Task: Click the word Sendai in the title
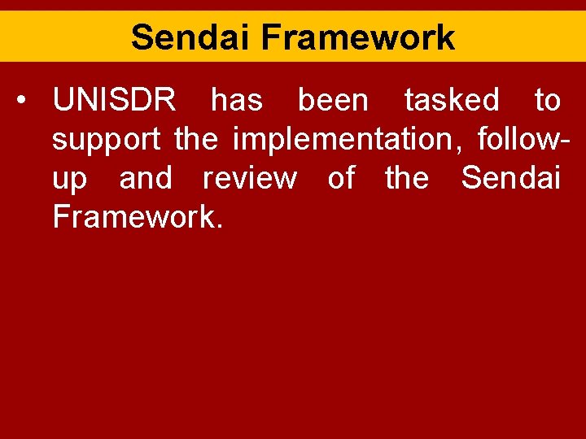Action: tap(189, 37)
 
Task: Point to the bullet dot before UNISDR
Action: tap(28, 102)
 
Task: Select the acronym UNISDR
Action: tap(114, 101)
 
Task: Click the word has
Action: tap(237, 101)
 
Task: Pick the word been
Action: tap(333, 101)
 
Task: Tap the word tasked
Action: tap(452, 101)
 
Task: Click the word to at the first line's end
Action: tap(547, 101)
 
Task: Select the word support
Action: tap(106, 140)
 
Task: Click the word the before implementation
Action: tap(196, 139)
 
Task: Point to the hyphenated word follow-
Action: tap(518, 139)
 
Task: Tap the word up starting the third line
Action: tap(69, 179)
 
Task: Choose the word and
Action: tap(146, 178)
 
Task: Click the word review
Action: tap(249, 178)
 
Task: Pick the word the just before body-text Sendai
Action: tap(406, 178)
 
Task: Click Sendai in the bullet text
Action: tap(510, 178)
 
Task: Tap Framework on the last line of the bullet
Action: tap(136, 217)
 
